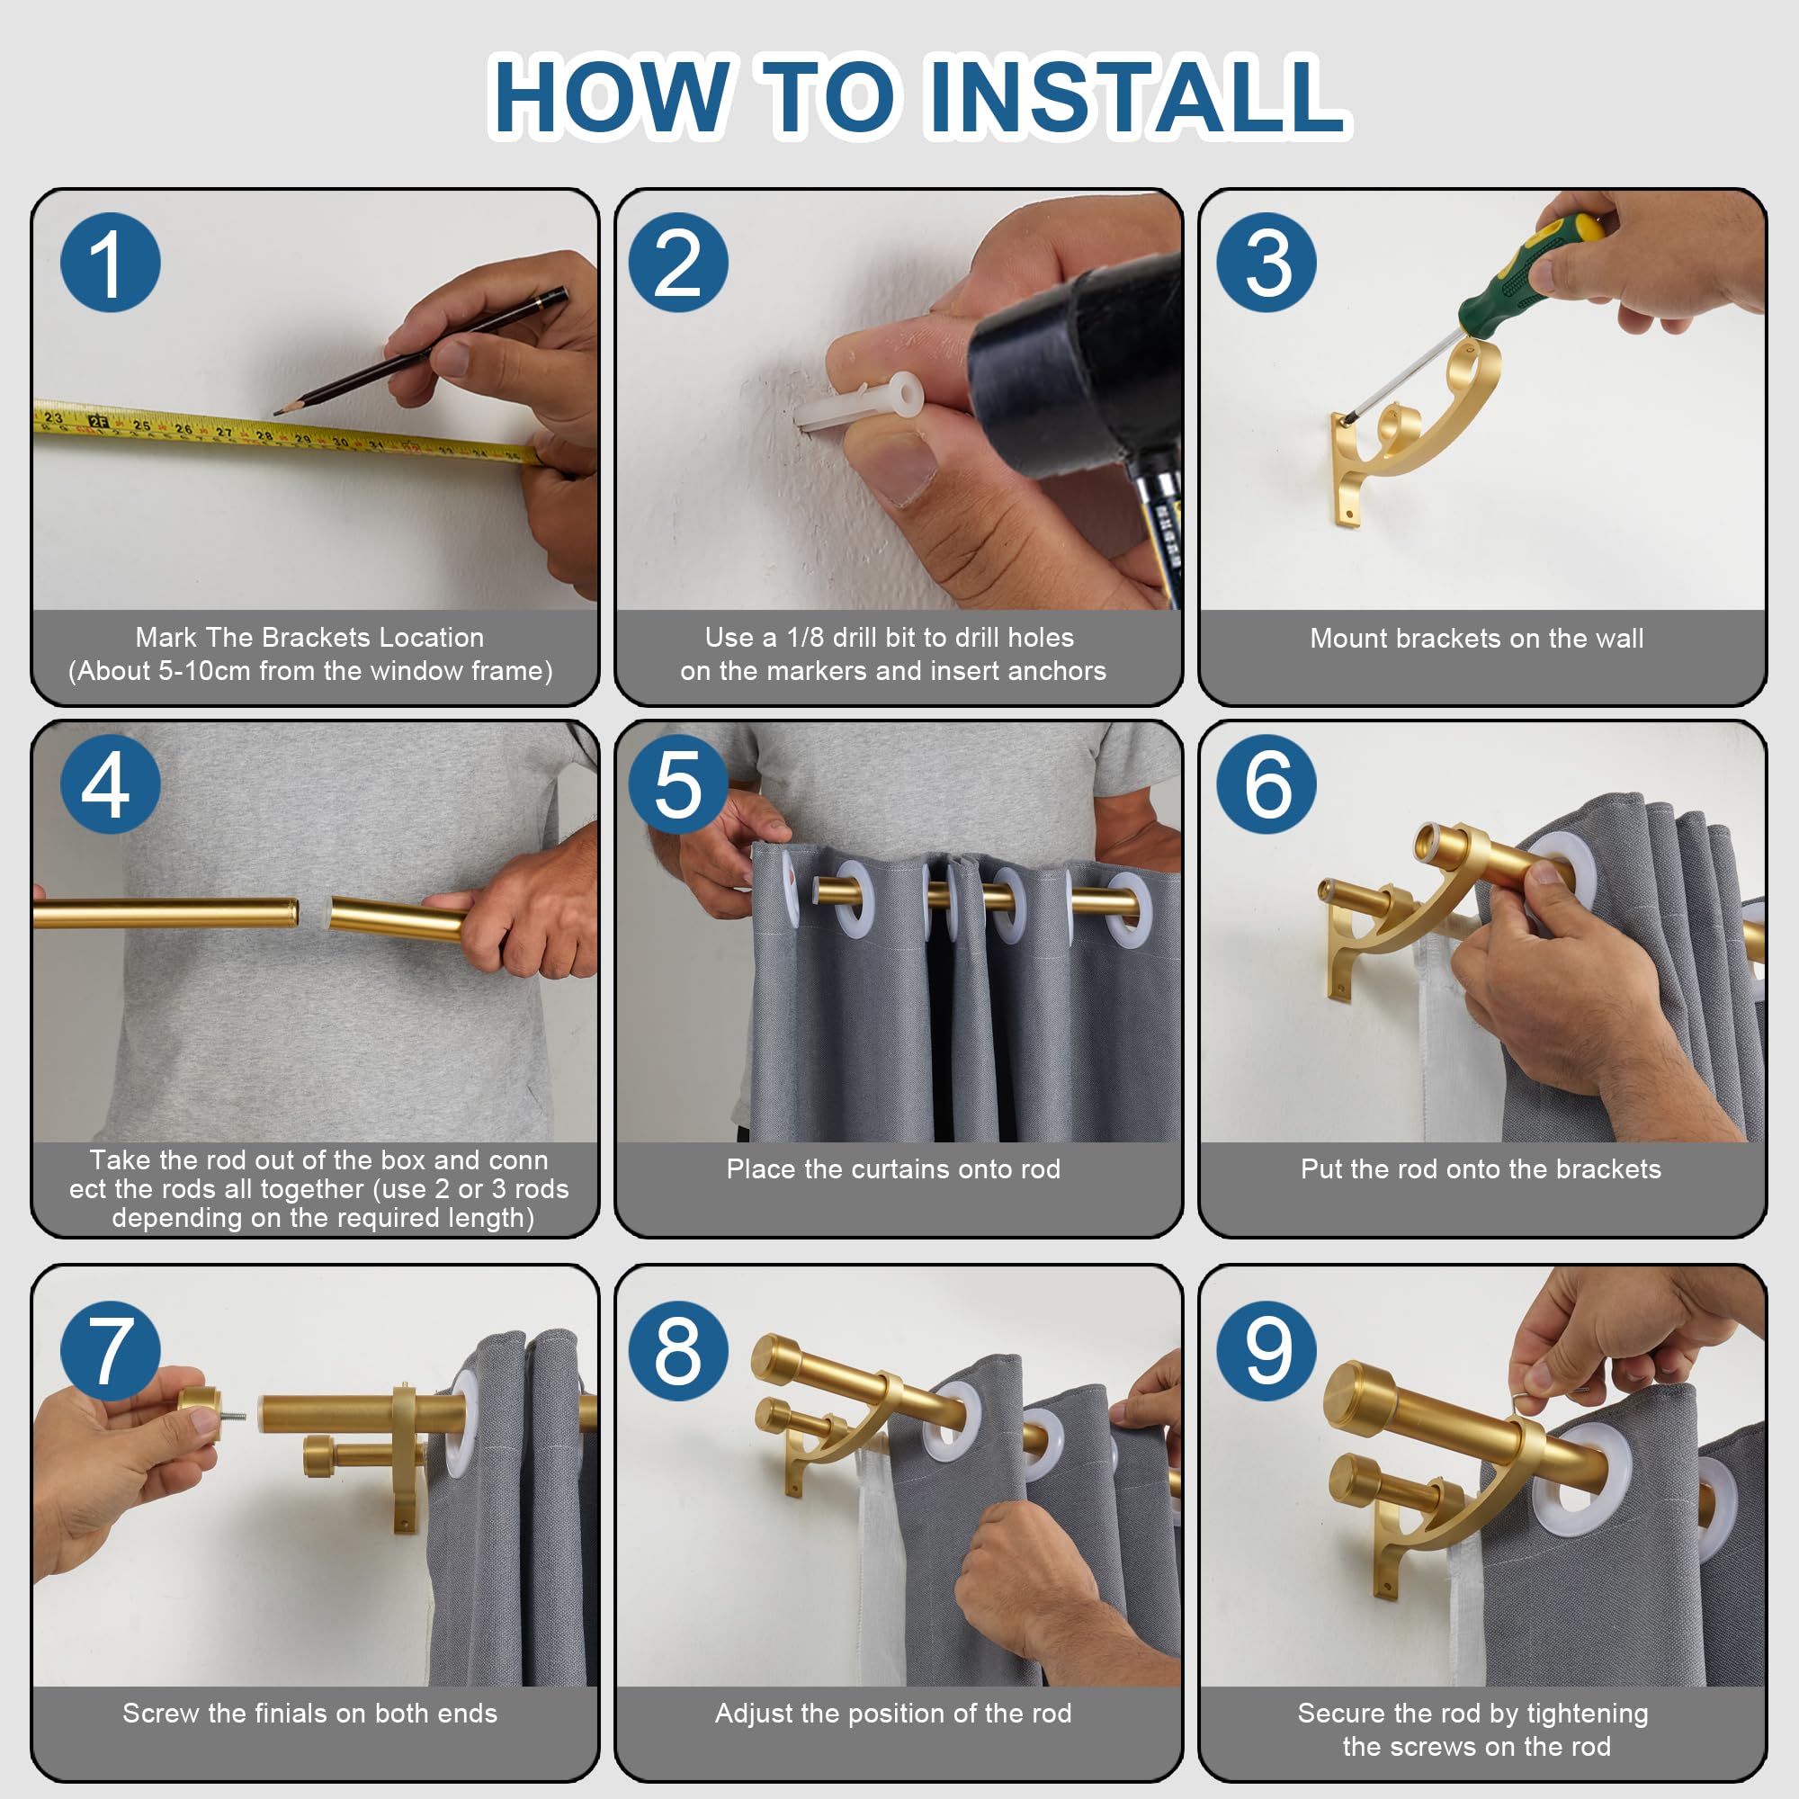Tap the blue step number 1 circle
point(110,263)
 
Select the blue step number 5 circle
point(678,784)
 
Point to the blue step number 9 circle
point(1266,1350)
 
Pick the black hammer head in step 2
point(1070,363)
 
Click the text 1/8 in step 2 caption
point(805,638)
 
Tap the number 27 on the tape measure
point(224,433)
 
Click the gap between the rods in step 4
point(313,911)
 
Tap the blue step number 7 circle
point(110,1350)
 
